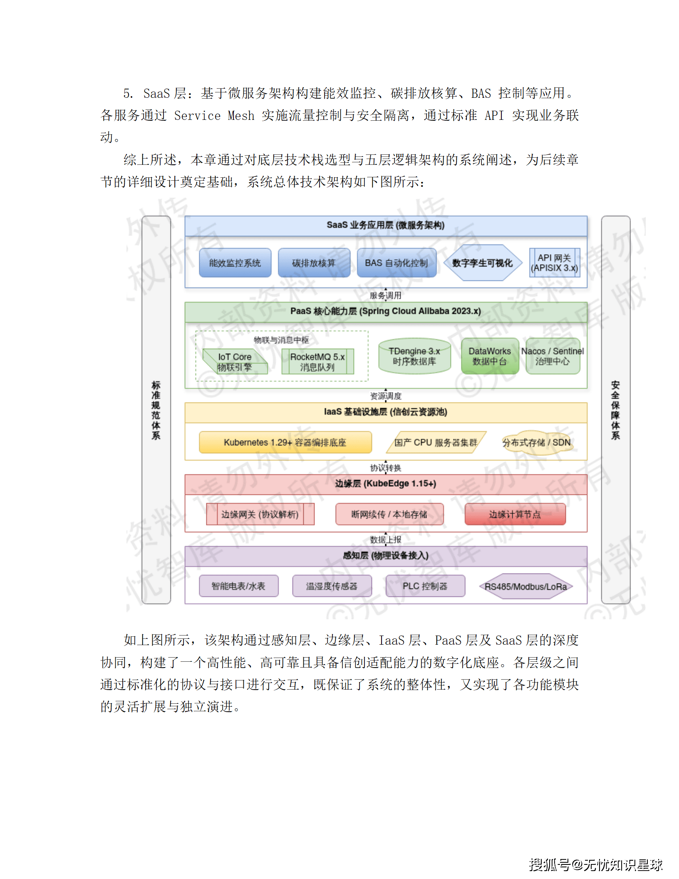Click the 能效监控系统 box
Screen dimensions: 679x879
coord(235,263)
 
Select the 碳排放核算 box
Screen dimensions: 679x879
coord(314,263)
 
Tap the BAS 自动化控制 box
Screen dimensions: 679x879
coord(396,263)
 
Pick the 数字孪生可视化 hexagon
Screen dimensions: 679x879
coord(482,263)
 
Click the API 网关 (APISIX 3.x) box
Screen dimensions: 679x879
coord(554,263)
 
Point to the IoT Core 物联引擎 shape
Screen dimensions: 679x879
coord(235,361)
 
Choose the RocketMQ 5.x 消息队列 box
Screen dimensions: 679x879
coord(317,362)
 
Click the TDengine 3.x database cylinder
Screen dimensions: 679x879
coord(414,356)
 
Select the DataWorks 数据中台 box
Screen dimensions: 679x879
coord(490,356)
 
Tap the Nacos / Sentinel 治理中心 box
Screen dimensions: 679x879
coord(553,356)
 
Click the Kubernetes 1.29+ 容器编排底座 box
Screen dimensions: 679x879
coord(285,442)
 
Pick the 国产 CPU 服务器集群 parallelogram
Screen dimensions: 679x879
coord(436,442)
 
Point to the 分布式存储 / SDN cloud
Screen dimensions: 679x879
coord(536,442)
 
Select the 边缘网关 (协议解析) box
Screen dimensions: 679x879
coord(260,514)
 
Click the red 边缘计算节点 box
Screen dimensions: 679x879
coord(515,514)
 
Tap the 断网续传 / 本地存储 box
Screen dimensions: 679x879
coord(389,514)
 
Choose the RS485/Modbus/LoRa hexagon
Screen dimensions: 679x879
coord(526,586)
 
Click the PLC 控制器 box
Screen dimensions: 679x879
coord(425,586)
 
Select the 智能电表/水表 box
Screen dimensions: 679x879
coord(238,586)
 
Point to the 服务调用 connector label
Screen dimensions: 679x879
coord(386,295)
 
